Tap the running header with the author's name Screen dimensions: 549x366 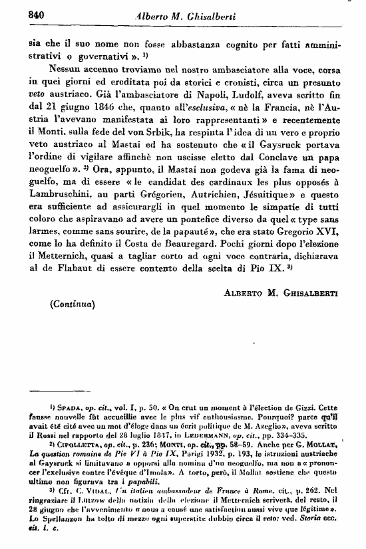[192, 16]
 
